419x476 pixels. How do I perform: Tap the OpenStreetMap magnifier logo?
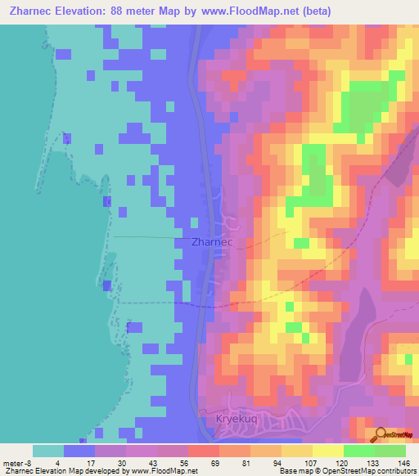(378, 434)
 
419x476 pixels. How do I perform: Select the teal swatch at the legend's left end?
(47, 451)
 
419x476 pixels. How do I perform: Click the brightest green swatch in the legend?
(359, 451)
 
